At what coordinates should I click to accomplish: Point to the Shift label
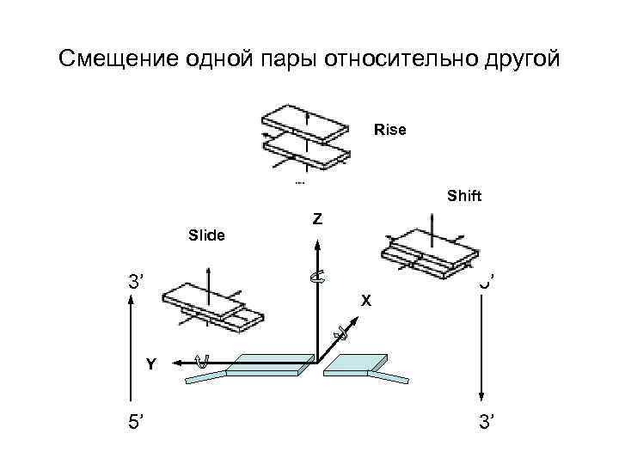point(464,196)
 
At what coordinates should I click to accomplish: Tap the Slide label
point(206,234)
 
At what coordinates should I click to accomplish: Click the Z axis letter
point(318,220)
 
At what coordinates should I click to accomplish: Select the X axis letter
point(366,301)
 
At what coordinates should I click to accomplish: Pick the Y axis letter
point(151,364)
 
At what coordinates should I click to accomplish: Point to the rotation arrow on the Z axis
point(317,276)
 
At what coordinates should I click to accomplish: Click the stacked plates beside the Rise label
point(306,137)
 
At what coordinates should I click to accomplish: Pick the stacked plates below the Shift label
point(428,252)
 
